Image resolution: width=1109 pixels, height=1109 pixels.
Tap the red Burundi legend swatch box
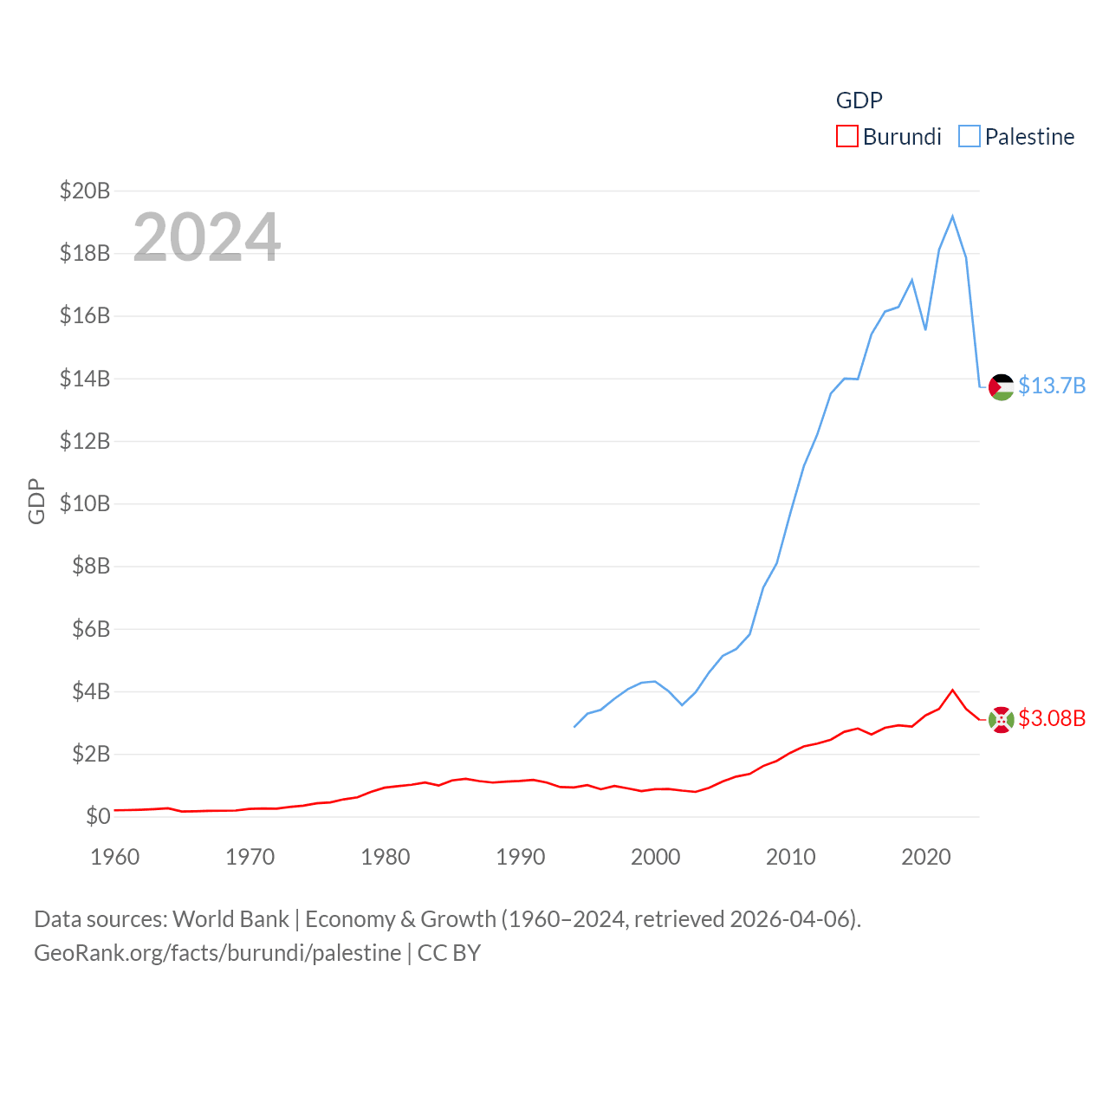846,137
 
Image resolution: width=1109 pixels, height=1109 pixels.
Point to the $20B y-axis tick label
85,191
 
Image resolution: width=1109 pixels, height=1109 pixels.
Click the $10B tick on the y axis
85,503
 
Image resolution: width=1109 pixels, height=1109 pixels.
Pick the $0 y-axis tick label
98,816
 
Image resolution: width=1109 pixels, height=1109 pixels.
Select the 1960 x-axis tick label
115,857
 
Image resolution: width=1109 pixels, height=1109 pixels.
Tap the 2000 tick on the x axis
656,857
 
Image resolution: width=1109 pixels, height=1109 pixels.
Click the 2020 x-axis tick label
926,857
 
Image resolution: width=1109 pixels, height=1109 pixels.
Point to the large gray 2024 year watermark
207,237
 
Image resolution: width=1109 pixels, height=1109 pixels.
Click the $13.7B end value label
1052,386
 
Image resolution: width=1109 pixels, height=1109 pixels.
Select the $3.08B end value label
1052,718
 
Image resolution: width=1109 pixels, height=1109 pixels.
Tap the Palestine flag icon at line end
1002,386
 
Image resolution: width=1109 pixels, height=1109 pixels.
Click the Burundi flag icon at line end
1002,719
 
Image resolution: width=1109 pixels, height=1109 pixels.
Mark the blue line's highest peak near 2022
953,217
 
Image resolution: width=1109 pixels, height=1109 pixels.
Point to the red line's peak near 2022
953,691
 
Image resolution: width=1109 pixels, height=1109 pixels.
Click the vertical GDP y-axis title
36,501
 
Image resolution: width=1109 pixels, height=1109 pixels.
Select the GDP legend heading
859,101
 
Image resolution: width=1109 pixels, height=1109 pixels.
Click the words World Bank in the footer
231,918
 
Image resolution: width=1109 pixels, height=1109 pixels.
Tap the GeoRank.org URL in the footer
217,953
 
